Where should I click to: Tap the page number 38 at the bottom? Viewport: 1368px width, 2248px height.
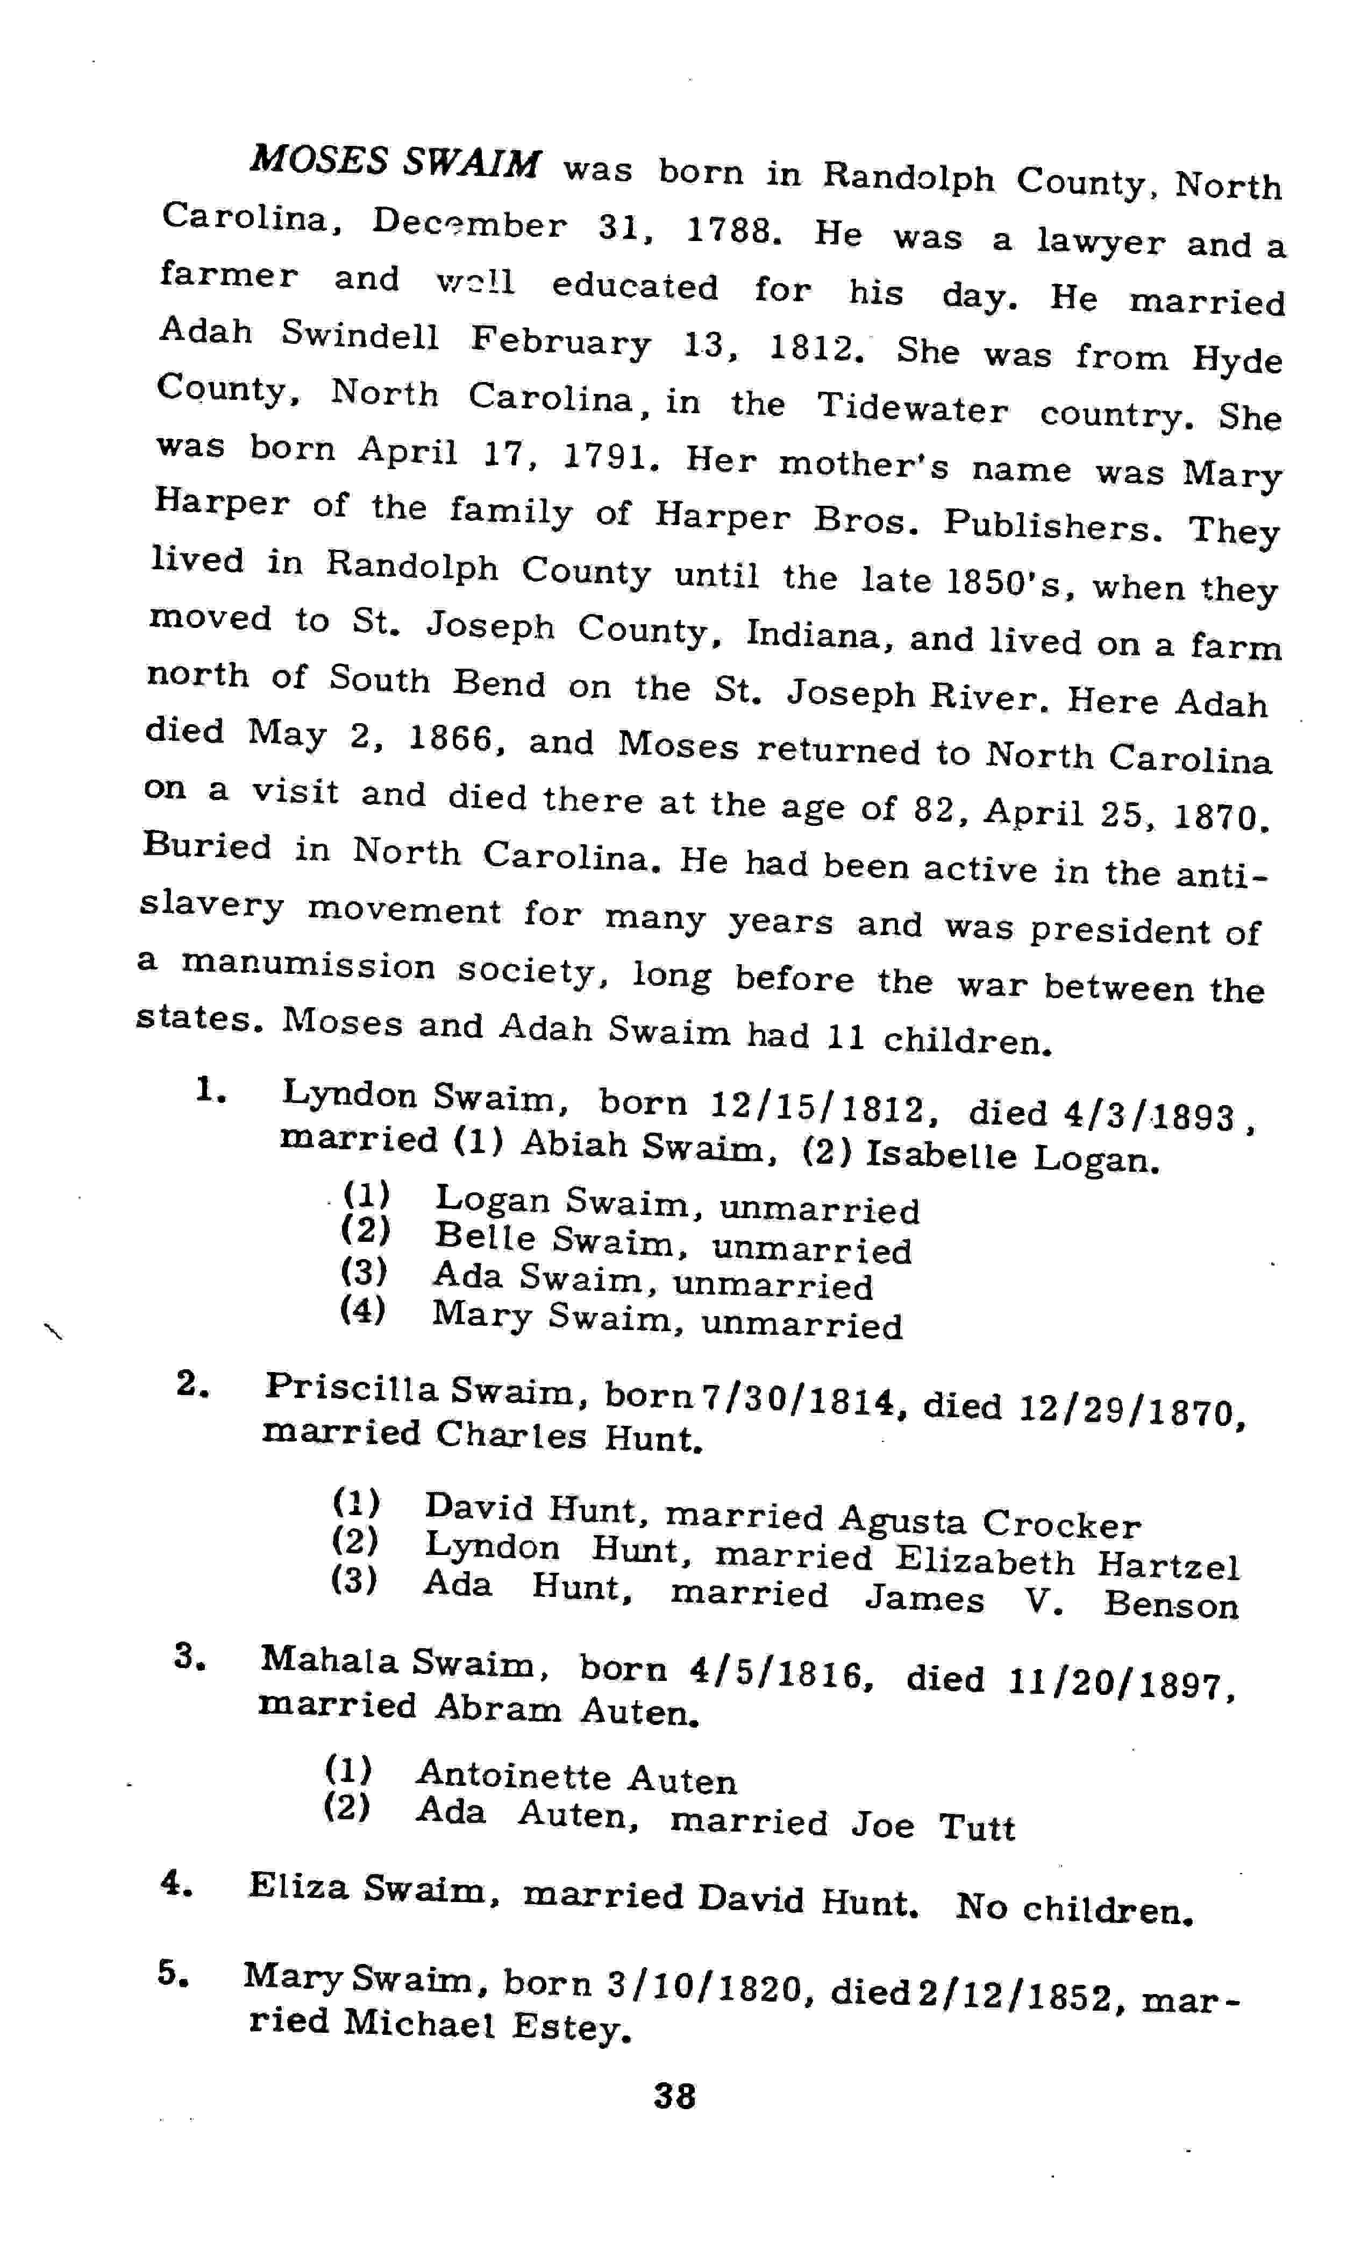coord(674,2096)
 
